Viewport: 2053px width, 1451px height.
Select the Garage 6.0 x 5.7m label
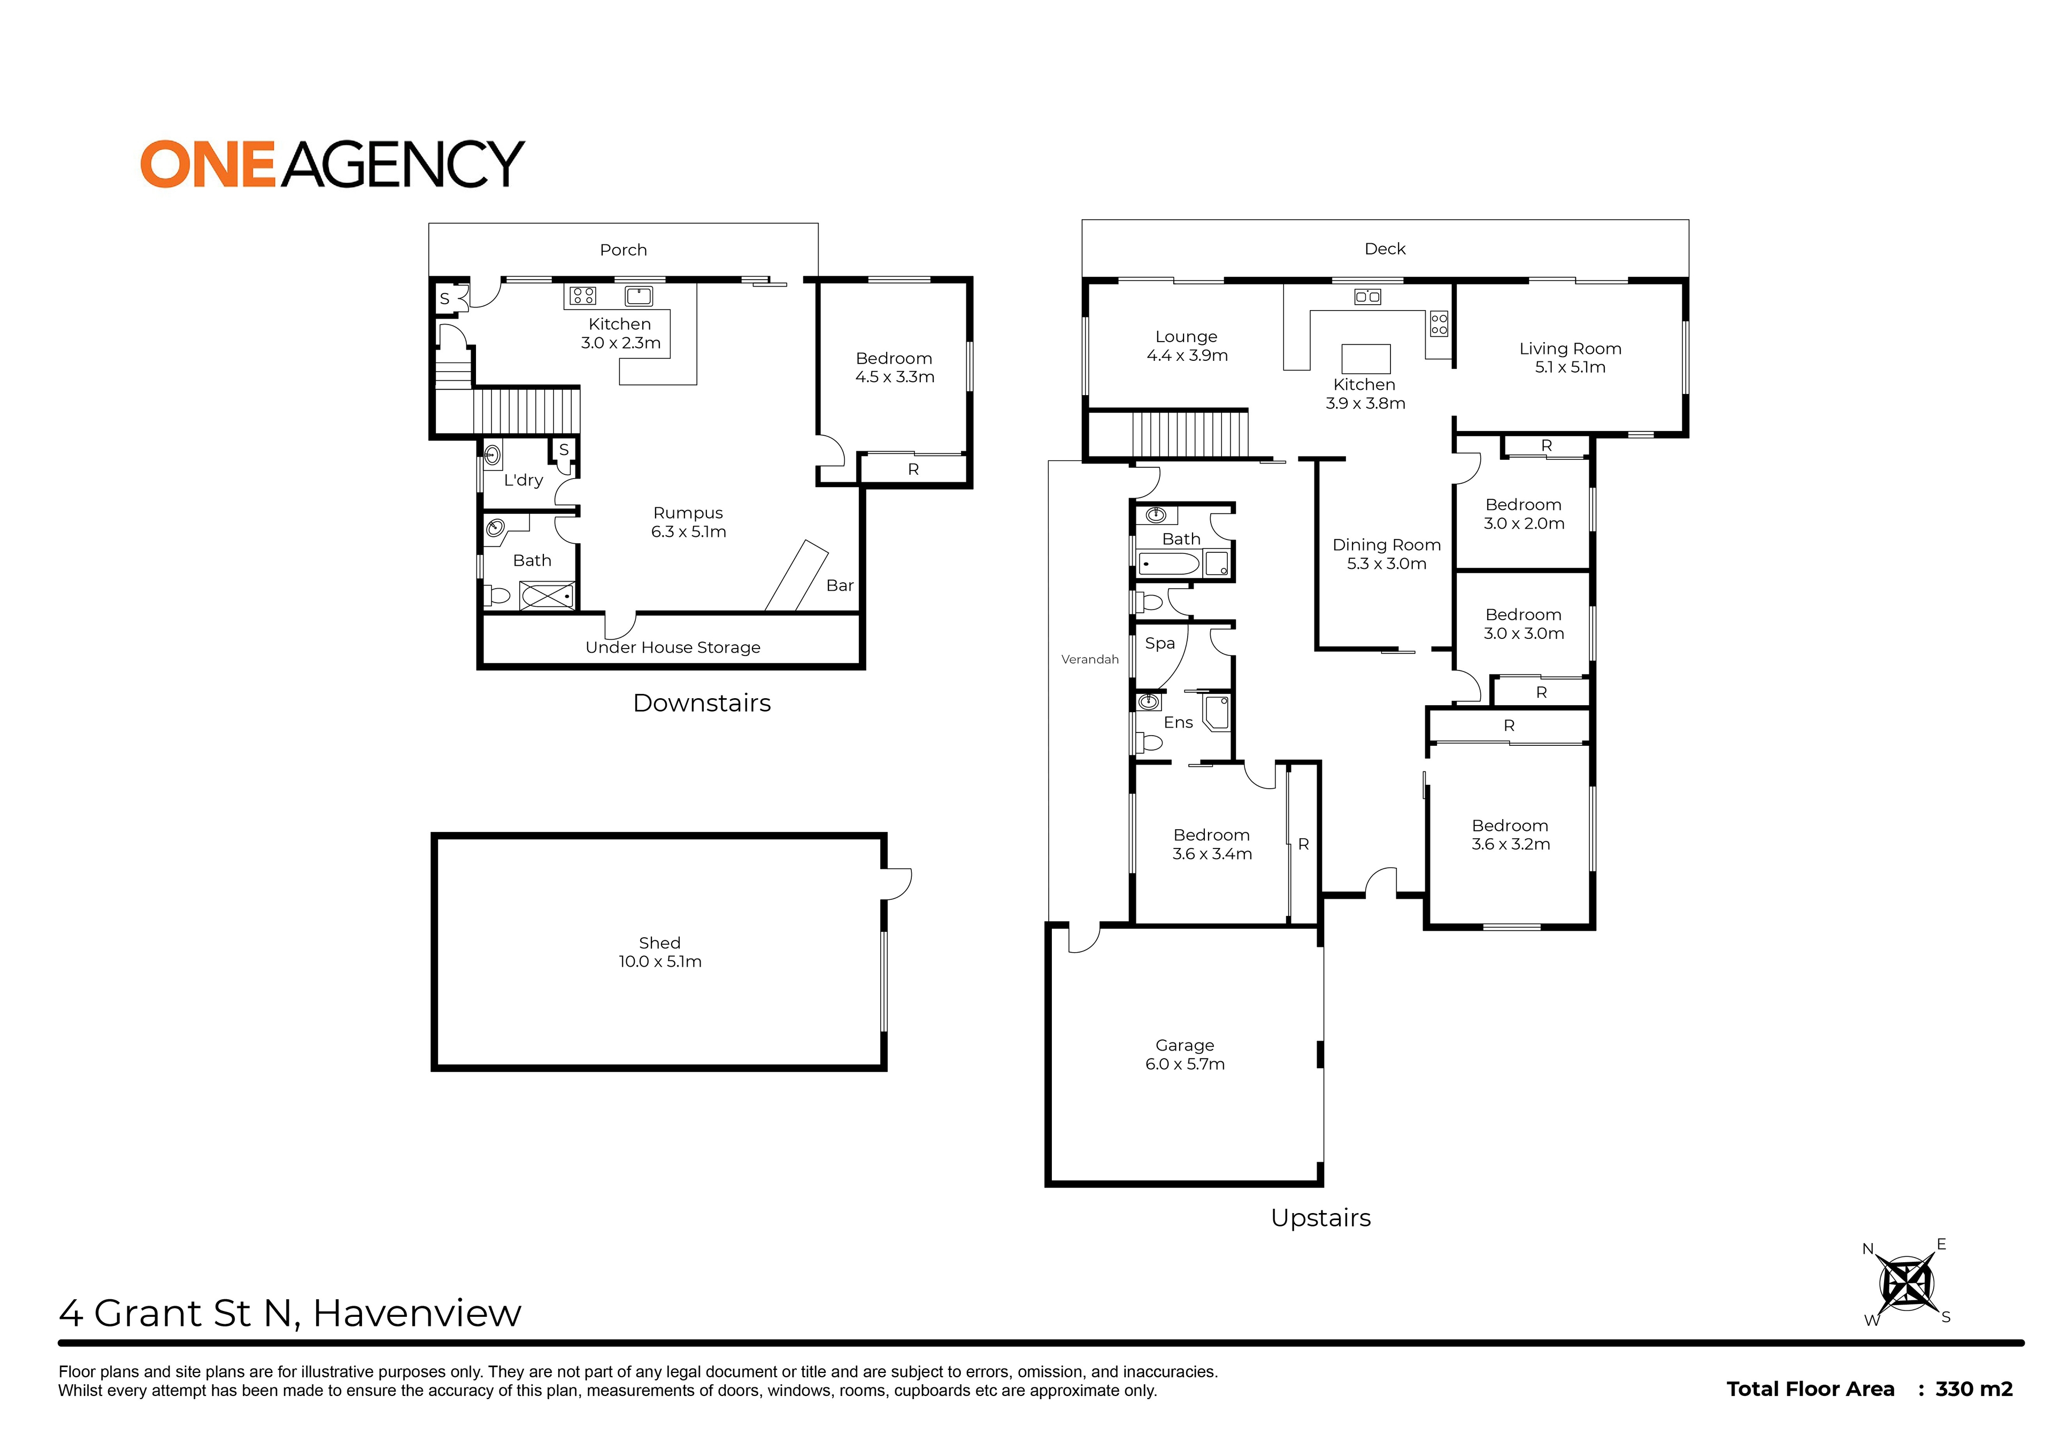point(1185,1054)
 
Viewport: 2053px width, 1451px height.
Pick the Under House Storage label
point(672,647)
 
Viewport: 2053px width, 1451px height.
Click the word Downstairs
point(702,703)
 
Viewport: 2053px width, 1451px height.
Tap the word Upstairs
point(1321,1218)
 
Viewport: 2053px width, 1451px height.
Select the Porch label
point(623,250)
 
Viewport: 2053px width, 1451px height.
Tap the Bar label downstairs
point(840,585)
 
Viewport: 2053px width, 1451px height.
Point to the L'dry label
point(523,480)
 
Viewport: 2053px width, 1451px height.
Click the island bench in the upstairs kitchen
point(1366,359)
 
